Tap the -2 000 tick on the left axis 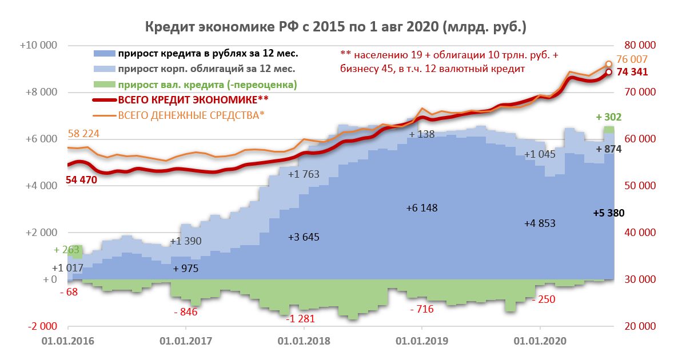(x=42, y=326)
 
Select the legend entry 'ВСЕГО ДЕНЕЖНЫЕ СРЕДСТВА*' (x=192, y=115)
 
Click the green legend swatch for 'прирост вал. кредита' (x=104, y=85)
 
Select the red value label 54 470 (x=82, y=179)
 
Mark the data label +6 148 (x=421, y=208)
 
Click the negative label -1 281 (x=302, y=319)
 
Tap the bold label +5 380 (x=609, y=213)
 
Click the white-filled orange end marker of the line (x=609, y=64)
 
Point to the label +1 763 (x=304, y=175)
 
